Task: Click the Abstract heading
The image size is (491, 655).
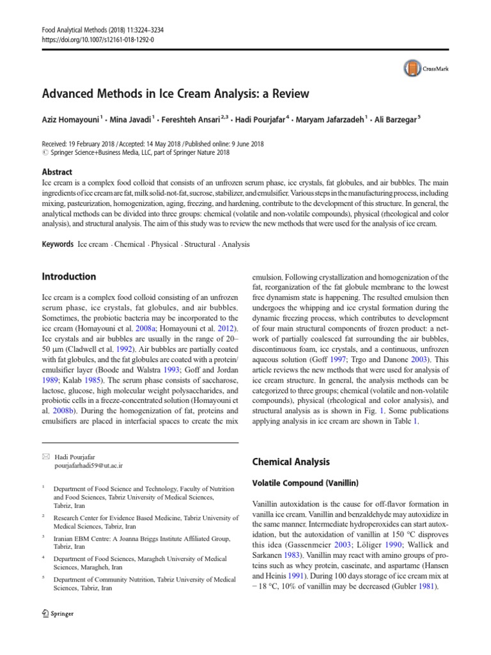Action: [x=57, y=172]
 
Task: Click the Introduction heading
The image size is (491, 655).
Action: [x=69, y=277]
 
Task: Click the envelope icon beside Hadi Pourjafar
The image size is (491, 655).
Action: [x=45, y=457]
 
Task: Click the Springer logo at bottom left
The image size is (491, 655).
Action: [x=58, y=614]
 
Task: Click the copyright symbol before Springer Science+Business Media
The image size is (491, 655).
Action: [x=44, y=154]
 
